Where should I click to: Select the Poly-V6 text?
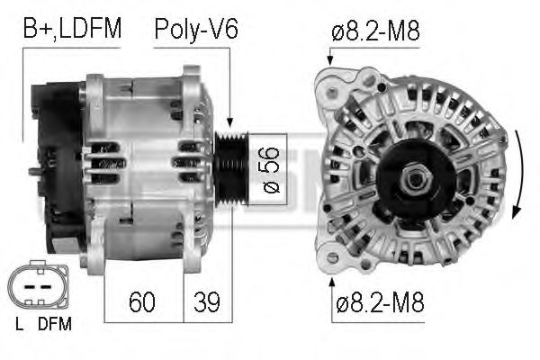(x=195, y=29)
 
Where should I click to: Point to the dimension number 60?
(x=141, y=302)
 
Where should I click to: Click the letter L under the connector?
(x=18, y=322)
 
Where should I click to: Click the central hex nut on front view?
(x=415, y=179)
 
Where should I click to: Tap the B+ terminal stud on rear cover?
(x=32, y=171)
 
